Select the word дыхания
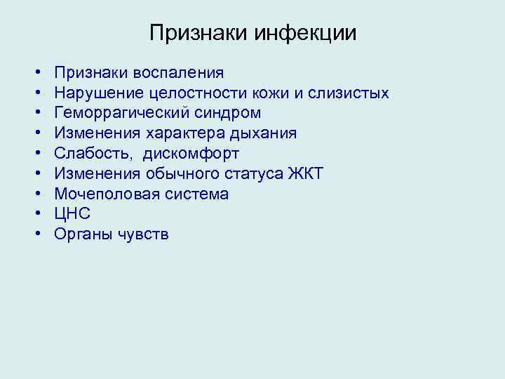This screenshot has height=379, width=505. [x=261, y=133]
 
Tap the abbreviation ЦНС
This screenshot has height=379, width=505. [x=72, y=214]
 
